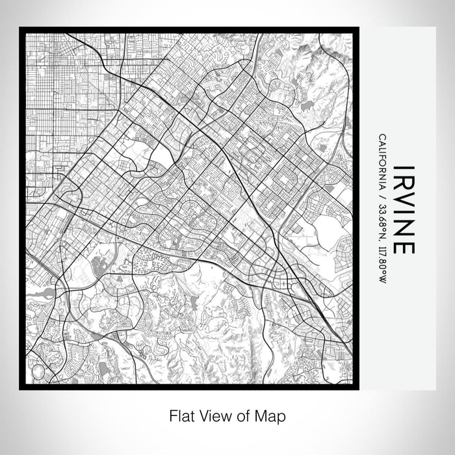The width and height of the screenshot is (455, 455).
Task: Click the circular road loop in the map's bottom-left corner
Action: point(38,372)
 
